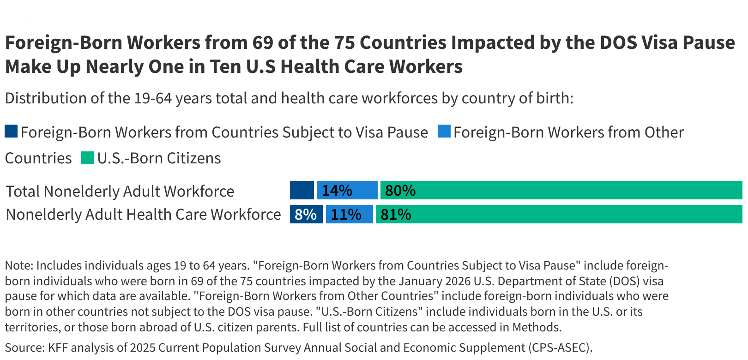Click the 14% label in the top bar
[337, 191]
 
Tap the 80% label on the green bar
[400, 191]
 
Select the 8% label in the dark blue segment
[306, 215]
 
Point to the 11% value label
[346, 215]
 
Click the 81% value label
[396, 215]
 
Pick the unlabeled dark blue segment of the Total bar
[302, 190]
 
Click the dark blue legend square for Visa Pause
[11, 131]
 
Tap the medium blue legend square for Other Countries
[444, 131]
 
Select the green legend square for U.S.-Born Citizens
[88, 158]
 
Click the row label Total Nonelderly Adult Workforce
[120, 191]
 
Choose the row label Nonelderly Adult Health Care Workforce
[143, 215]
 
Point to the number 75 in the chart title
[344, 42]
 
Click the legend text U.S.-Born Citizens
[159, 158]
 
